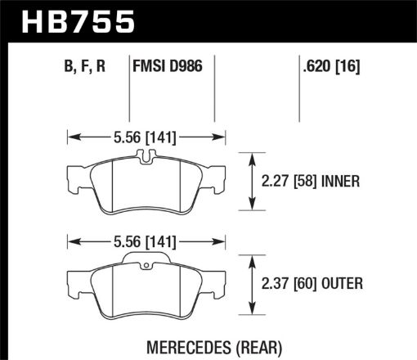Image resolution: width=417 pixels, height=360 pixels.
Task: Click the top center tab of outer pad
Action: point(144,261)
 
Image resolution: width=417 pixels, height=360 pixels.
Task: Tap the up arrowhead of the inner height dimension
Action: point(252,157)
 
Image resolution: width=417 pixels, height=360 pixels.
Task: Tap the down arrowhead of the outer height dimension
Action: point(252,312)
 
